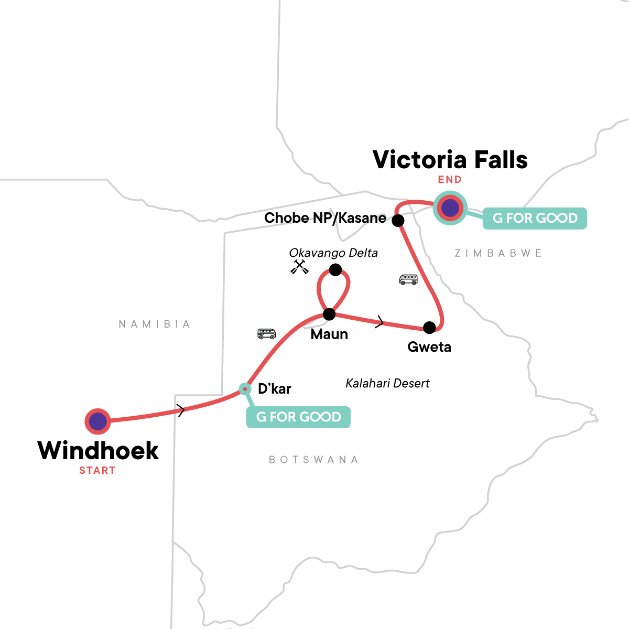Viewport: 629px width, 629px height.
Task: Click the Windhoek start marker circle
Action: pos(97,421)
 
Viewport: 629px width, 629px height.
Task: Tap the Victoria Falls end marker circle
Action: pos(450,208)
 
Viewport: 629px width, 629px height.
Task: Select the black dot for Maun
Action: pos(329,314)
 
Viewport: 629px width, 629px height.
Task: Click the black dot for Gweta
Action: pos(429,328)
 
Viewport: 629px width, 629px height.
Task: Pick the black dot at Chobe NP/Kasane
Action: pos(398,221)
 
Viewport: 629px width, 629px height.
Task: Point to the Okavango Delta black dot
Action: pos(335,270)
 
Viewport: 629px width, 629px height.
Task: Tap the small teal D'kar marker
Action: pos(245,389)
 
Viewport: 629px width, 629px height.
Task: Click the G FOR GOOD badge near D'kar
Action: pos(298,417)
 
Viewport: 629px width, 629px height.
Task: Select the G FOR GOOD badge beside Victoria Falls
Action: pos(535,218)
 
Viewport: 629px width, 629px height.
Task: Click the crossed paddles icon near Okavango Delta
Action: pos(299,267)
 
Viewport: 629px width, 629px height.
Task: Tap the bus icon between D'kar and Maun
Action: pos(266,334)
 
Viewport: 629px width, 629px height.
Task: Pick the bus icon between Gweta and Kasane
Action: pos(408,279)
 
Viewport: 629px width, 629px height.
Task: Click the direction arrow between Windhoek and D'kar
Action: pos(181,410)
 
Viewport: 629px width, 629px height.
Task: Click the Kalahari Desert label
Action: pos(387,383)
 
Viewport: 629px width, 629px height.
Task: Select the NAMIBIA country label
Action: pos(154,324)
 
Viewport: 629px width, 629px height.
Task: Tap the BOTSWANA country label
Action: pos(313,460)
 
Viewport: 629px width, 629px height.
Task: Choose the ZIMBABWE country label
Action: pos(498,253)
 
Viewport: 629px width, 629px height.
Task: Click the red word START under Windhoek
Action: pos(97,471)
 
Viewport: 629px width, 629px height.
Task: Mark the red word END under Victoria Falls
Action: pos(450,180)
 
